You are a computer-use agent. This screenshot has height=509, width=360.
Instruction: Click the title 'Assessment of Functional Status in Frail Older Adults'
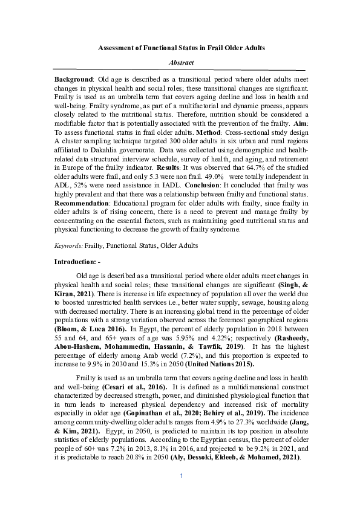click(180, 47)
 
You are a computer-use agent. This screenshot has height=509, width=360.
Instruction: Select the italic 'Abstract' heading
click(180, 62)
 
